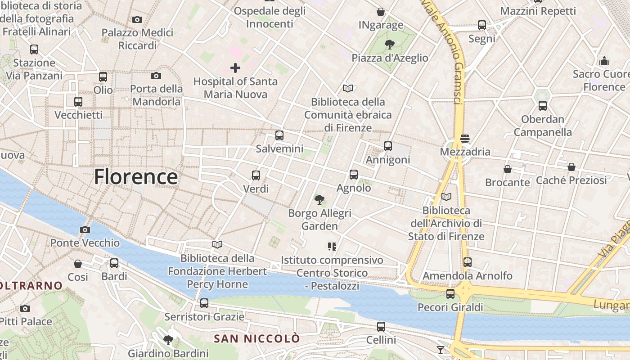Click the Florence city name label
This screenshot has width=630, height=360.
tap(135, 177)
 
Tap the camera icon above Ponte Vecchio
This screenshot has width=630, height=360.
tap(85, 230)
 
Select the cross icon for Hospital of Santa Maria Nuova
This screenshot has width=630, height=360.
tap(235, 68)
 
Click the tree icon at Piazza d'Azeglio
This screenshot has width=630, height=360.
tap(389, 44)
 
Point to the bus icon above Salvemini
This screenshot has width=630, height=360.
tap(279, 135)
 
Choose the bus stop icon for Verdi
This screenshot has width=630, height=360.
tap(256, 175)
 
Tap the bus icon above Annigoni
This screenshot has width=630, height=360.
tap(387, 146)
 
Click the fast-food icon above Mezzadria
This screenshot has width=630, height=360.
tap(465, 138)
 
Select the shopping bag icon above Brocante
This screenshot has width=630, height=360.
tap(507, 169)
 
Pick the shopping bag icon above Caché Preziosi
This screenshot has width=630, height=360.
tap(571, 167)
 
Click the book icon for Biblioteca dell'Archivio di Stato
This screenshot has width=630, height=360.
tap(446, 197)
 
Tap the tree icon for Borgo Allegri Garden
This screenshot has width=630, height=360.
tap(319, 199)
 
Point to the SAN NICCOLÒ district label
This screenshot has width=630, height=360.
tap(256, 338)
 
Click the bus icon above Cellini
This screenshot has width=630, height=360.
tap(381, 326)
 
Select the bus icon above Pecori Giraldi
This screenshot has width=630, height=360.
tap(450, 294)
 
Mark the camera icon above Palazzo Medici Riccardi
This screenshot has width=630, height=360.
tap(137, 19)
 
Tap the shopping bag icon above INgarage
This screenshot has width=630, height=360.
tap(381, 12)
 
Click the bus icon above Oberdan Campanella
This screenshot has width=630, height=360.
tap(542, 106)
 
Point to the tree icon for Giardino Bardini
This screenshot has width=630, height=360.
tap(168, 340)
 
